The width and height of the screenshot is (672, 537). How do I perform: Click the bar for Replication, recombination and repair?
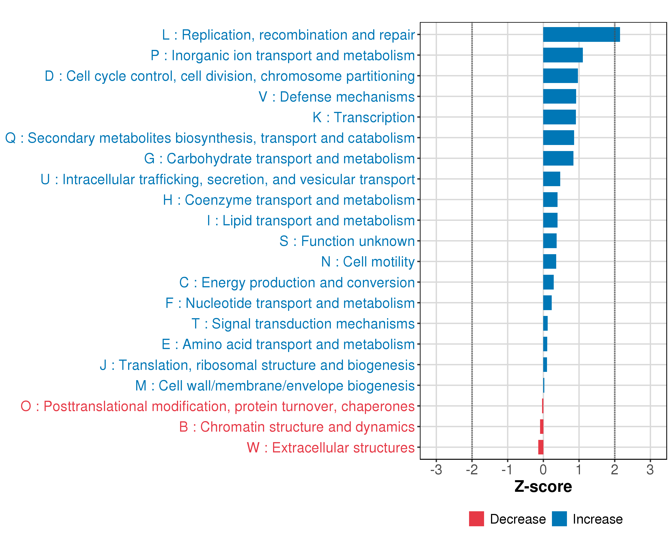[x=581, y=34]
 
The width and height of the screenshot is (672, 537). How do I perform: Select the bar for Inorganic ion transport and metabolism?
[x=563, y=55]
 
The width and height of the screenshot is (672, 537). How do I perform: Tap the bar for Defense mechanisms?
[x=560, y=96]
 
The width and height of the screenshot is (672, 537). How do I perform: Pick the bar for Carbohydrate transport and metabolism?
[x=558, y=158]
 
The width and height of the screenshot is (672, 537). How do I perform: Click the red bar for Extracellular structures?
[x=541, y=447]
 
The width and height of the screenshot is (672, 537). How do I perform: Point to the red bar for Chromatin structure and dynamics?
[x=542, y=426]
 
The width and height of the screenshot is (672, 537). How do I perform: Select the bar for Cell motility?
[x=549, y=262]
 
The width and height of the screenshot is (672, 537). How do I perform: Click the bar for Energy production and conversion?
[x=548, y=282]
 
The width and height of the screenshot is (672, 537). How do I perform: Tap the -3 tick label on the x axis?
[x=436, y=470]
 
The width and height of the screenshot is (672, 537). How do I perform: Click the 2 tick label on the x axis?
[x=614, y=470]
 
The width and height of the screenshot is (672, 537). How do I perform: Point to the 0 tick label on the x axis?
[x=543, y=470]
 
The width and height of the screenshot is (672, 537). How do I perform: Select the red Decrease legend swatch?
[x=476, y=519]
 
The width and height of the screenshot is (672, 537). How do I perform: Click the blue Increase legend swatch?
[x=559, y=519]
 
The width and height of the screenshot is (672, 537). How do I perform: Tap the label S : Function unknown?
[x=347, y=241]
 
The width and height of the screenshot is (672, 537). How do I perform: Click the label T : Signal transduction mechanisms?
[x=303, y=324]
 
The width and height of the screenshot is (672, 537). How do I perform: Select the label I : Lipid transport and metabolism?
[x=311, y=221]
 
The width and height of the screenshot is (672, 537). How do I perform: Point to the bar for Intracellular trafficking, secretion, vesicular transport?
[x=551, y=179]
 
